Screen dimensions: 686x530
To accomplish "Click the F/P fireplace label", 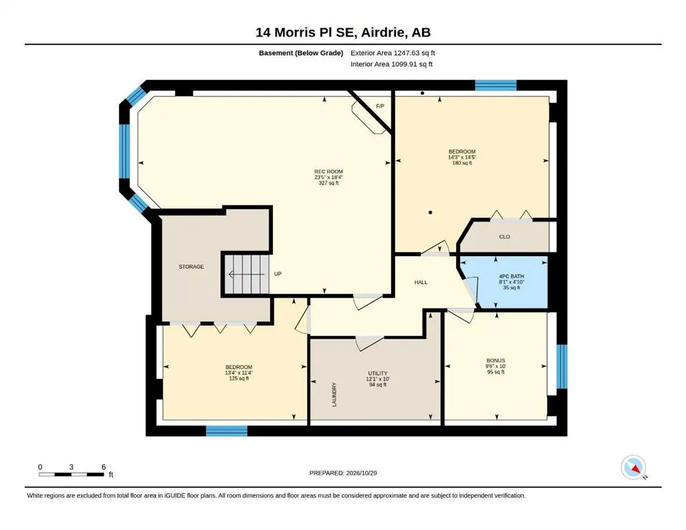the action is point(380,106).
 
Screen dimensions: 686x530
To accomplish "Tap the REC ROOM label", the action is point(329,172).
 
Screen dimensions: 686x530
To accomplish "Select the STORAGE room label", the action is point(191,266).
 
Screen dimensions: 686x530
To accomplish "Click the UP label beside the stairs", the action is point(278,274).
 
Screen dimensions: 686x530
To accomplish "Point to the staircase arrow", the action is point(247,275).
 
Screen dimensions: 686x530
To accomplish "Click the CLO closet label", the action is point(504,237).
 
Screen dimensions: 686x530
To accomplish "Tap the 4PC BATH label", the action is point(511,276).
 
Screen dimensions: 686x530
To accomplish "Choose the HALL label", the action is point(421,282).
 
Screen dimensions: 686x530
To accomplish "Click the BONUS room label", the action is point(496,360).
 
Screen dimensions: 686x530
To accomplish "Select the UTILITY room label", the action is point(378,373).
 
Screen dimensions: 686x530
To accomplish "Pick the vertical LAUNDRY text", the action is point(334,395).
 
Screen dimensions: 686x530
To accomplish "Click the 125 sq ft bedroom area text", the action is point(239,378).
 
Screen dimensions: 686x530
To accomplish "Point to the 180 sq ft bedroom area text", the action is point(462,163).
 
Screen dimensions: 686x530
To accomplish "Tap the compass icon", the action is point(633,467).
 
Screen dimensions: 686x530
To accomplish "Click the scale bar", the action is point(72,474).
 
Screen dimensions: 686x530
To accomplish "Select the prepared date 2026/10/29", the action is point(361,473).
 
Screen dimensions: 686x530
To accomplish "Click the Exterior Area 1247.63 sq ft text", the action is point(392,53).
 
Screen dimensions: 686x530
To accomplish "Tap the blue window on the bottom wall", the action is point(227,431).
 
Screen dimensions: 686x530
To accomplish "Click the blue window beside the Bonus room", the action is point(562,366).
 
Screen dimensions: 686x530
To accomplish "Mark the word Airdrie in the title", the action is point(379,32).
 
